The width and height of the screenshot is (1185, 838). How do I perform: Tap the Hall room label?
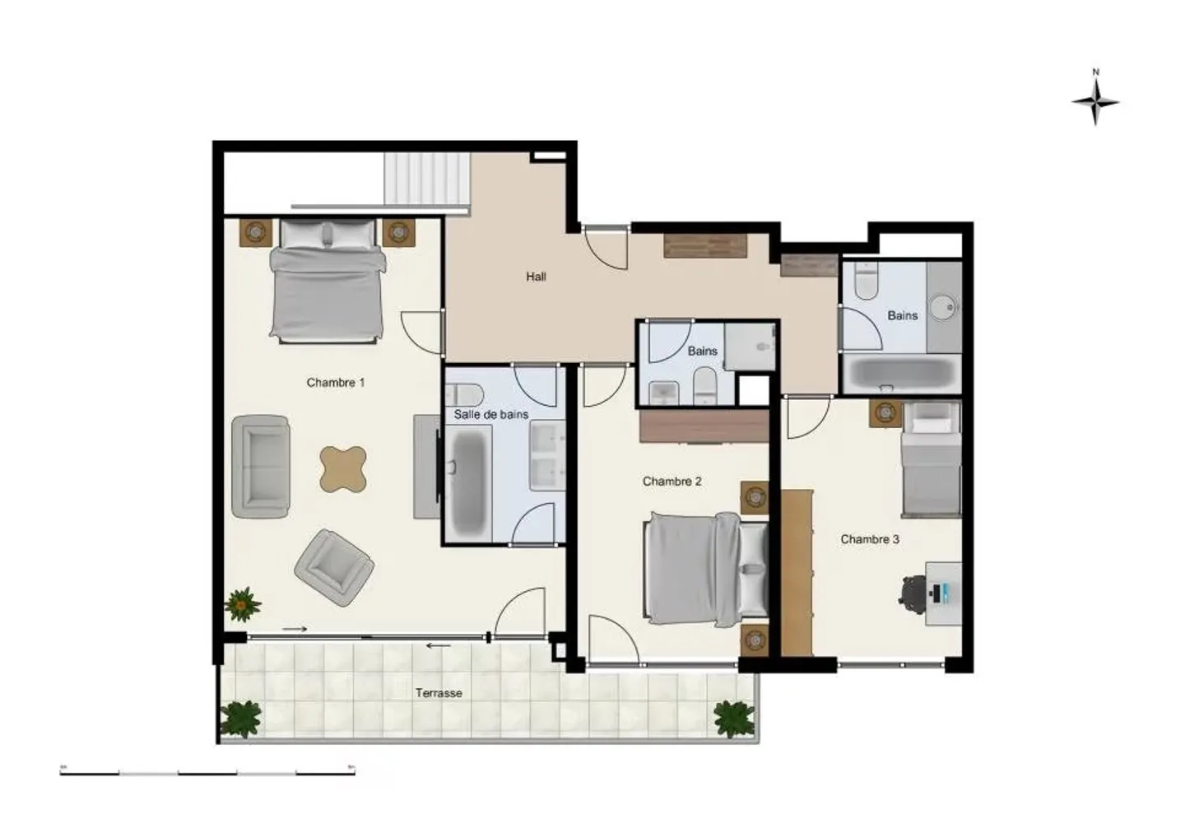[536, 277]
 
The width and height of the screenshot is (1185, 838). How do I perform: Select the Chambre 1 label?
[335, 382]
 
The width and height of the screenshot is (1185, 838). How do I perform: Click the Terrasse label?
[439, 693]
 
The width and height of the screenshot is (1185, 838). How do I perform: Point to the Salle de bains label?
[491, 414]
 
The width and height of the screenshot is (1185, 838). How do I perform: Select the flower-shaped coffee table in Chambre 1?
[342, 468]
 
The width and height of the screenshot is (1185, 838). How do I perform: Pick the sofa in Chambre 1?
[261, 466]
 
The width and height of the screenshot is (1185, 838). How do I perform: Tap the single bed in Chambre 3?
[931, 461]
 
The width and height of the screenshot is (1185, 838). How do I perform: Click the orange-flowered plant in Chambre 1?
[242, 604]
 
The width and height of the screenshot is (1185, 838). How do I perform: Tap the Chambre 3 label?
[870, 539]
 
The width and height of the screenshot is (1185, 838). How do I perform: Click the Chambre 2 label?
[671, 482]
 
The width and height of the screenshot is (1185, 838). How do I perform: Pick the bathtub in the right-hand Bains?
[901, 375]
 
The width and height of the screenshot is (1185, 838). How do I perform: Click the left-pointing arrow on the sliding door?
[438, 645]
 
